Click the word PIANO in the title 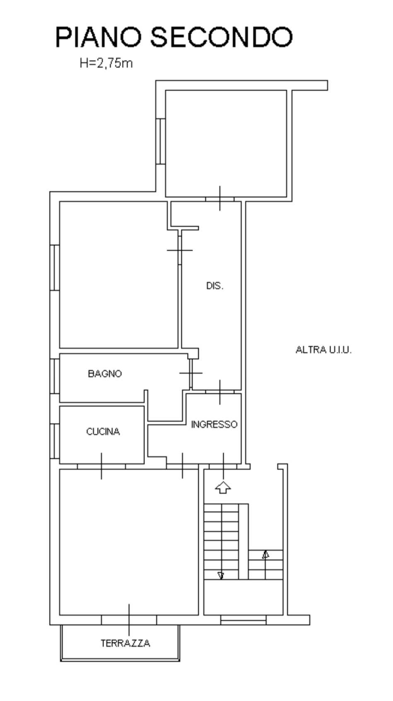point(98,37)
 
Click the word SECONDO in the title point(222,37)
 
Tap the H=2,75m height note point(106,64)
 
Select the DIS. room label point(215,286)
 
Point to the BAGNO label point(105,374)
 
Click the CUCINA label point(103,432)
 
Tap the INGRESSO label point(214,424)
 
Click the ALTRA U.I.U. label point(324,350)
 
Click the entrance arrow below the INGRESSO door point(223,487)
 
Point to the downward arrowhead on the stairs point(221,575)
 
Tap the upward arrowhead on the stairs point(265,555)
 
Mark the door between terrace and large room point(129,619)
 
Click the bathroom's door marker point(191,373)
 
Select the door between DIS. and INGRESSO point(220,392)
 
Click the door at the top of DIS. point(220,199)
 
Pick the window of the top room point(161,141)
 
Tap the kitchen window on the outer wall point(55,442)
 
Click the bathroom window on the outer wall point(55,376)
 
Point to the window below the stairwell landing point(244,619)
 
